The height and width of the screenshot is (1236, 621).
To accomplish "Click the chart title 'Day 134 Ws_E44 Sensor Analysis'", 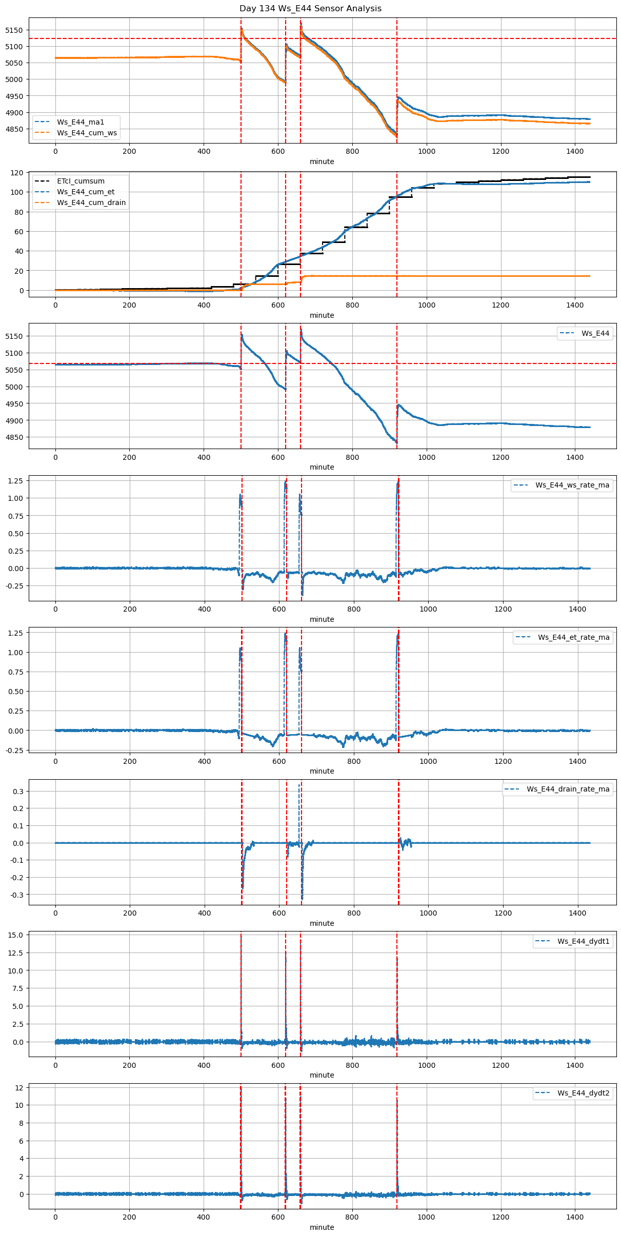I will click(310, 8).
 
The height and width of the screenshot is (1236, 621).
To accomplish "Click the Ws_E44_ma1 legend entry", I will click(80, 122).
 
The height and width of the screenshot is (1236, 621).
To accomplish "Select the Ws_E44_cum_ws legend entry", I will click(87, 133).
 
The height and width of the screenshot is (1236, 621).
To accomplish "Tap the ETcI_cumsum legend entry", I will click(81, 181).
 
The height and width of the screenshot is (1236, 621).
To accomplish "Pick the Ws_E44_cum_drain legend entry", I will click(91, 202).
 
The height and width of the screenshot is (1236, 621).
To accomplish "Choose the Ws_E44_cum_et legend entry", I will click(86, 192).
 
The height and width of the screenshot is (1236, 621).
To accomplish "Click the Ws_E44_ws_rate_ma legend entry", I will click(572, 485).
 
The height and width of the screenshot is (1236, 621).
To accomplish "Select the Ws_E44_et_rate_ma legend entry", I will click(573, 637).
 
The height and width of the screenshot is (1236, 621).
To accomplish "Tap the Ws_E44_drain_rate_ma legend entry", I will click(568, 789).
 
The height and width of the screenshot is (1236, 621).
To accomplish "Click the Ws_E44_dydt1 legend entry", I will click(583, 941).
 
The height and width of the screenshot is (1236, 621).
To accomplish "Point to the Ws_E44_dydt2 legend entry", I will click(583, 1093).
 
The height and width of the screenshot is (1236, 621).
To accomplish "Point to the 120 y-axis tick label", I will click(17, 173).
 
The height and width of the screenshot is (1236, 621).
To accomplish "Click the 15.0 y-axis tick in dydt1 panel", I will click(15, 935).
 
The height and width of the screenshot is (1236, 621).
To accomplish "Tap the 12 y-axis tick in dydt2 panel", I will click(19, 1087).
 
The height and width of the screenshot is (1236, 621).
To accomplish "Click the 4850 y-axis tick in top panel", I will click(14, 129).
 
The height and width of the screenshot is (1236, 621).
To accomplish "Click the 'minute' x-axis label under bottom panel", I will click(322, 1227).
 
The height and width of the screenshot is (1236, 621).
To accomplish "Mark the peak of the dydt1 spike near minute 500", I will click(241, 936).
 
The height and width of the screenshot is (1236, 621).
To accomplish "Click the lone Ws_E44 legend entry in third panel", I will click(595, 333).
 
